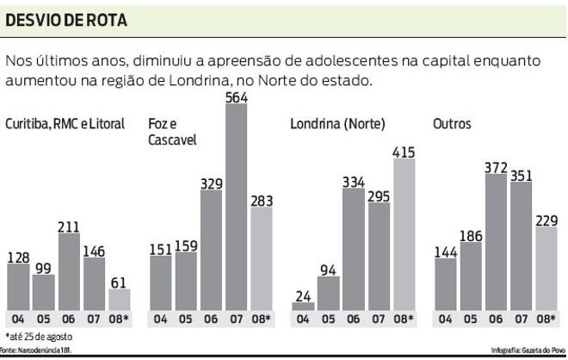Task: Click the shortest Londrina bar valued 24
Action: (303, 307)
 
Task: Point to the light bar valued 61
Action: (119, 299)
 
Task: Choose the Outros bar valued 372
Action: (494, 241)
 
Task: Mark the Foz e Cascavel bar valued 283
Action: (261, 258)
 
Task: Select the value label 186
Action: (470, 234)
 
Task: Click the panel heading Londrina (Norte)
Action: (333, 124)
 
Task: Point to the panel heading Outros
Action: (452, 124)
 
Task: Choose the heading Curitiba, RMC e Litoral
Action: (65, 124)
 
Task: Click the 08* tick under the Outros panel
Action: (546, 320)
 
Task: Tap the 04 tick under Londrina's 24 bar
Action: (303, 320)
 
